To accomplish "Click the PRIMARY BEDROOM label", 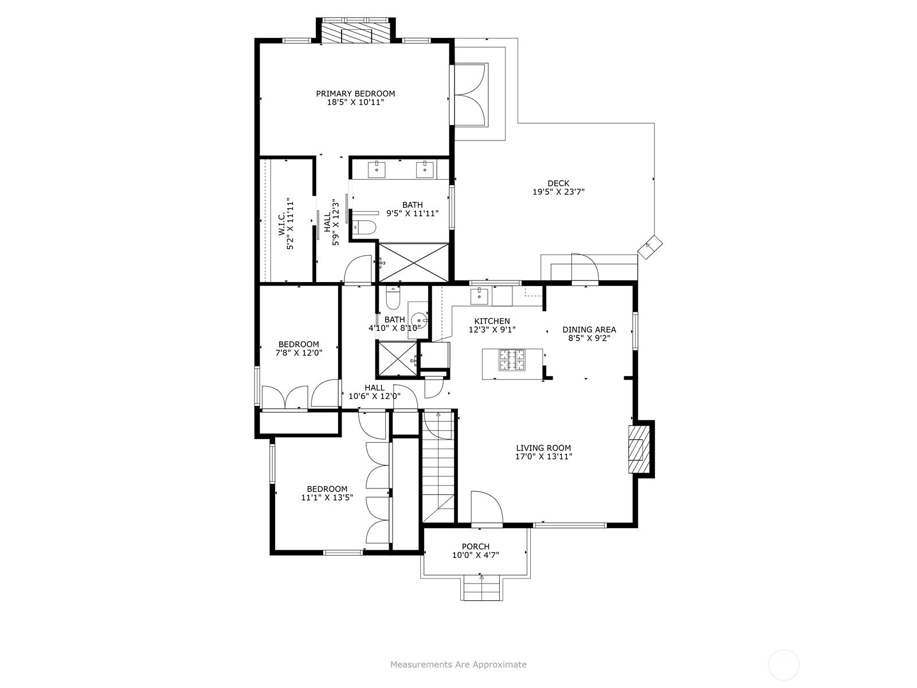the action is coord(355,93).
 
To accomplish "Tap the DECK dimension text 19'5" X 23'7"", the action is coord(558,192).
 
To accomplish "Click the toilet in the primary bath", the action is coord(365,227).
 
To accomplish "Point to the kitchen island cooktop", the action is coord(512,359).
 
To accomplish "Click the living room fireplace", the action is coord(639,449).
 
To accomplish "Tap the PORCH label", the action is coord(476,546).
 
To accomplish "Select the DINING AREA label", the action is coord(589,330).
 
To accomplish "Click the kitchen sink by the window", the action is coord(479,296).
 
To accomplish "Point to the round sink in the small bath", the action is coord(419,321).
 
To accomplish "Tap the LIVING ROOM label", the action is coord(543,448).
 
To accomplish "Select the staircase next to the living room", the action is coord(438,466).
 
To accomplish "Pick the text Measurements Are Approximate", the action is coord(458,664).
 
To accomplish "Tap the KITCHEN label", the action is coord(492,321).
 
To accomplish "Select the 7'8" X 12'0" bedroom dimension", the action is coord(298,353).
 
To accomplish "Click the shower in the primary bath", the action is coord(413,263).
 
